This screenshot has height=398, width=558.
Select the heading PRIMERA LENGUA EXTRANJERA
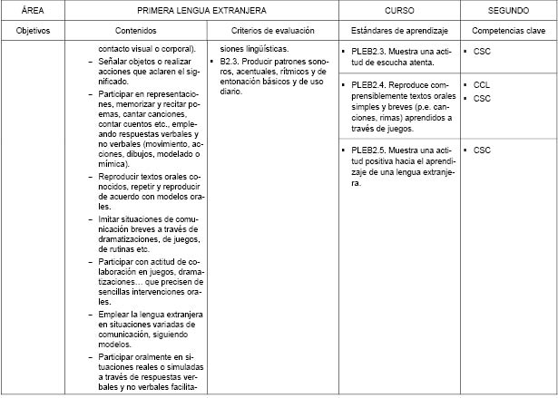tap(201, 10)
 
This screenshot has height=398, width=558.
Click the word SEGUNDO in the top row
tap(508, 10)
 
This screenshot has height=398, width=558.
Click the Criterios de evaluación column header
tap(272, 30)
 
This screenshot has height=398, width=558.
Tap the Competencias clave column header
tap(508, 30)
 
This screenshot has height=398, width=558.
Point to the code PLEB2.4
tap(370, 84)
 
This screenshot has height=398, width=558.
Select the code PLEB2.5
tap(370, 150)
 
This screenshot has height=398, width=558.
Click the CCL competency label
tap(482, 84)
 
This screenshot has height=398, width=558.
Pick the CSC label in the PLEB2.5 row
tap(482, 150)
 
